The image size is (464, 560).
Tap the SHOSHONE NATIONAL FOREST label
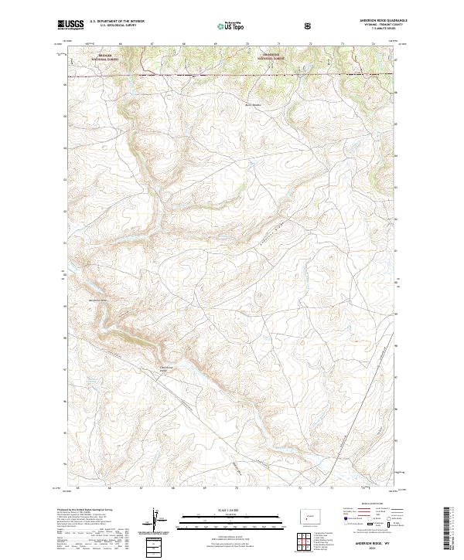tap(274, 56)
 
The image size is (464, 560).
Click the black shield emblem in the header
tap(310, 25)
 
